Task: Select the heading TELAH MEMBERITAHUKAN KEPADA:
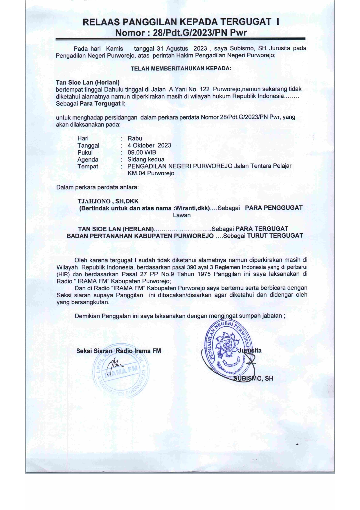click(181, 69)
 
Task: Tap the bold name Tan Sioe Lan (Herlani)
click(88, 83)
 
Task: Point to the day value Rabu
click(135, 138)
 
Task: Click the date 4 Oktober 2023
click(149, 145)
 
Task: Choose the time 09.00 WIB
click(142, 152)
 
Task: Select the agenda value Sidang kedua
click(146, 159)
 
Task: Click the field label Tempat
click(88, 167)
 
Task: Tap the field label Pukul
click(85, 152)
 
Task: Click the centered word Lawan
click(182, 215)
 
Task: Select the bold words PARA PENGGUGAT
click(273, 208)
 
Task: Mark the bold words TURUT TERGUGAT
click(275, 236)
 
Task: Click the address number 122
click(204, 89)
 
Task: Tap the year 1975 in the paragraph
click(205, 274)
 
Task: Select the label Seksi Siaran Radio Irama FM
click(118, 351)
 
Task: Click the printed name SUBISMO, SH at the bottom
click(253, 378)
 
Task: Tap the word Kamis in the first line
click(114, 49)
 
